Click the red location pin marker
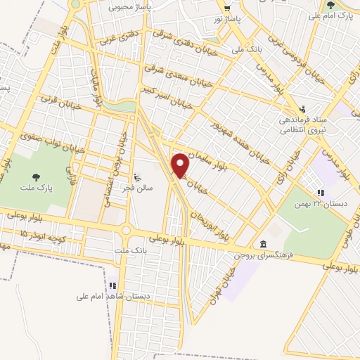coord(181,165)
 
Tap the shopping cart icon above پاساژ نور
coord(226,9)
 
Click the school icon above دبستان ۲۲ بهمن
coord(320,192)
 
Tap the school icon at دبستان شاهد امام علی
coord(112,285)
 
